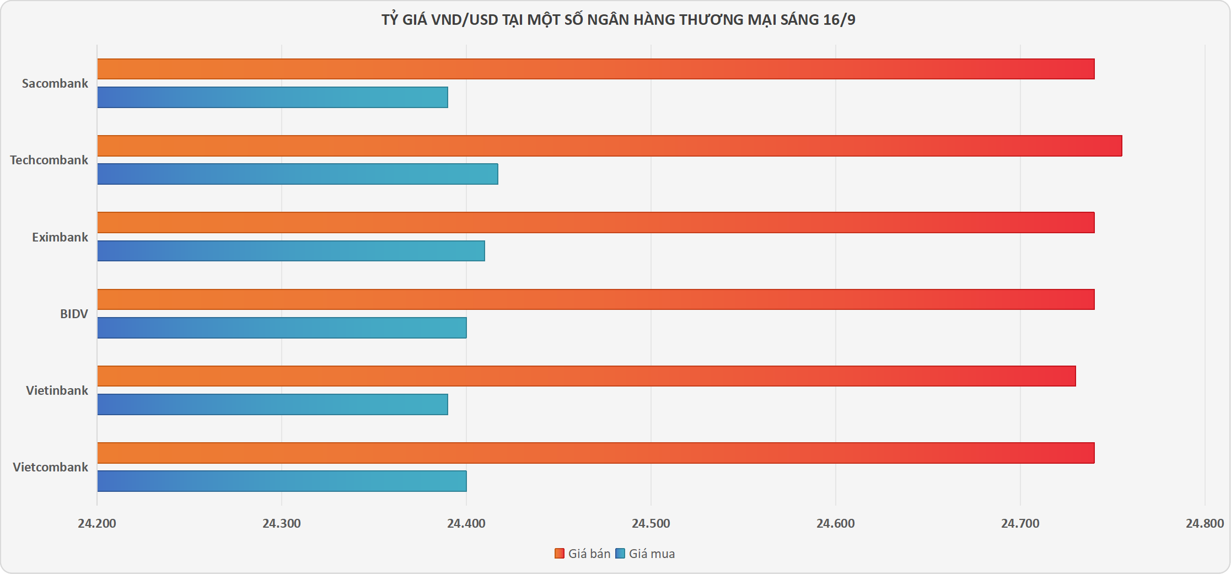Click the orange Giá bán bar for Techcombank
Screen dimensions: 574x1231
pos(609,146)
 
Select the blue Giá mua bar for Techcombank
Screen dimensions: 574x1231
pos(298,174)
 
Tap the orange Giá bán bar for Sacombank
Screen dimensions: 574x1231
pos(595,69)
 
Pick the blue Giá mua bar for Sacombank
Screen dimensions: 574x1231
pos(272,98)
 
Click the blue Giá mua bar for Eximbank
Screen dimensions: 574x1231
pos(291,251)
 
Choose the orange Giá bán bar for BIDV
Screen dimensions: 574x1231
pos(595,299)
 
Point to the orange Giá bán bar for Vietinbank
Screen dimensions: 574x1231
pos(587,376)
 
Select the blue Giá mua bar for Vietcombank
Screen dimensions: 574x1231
pos(282,481)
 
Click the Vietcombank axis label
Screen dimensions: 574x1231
pos(50,467)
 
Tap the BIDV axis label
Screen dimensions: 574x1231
pos(74,314)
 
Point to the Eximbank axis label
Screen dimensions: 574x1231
pos(60,237)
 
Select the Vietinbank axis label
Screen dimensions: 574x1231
pos(57,390)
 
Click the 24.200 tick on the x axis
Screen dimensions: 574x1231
pos(97,523)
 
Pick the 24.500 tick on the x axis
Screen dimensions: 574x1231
pos(651,523)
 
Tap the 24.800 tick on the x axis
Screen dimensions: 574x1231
pos(1205,523)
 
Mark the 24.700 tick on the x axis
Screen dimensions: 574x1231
pos(1020,523)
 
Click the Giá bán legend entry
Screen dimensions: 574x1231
pos(583,554)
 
